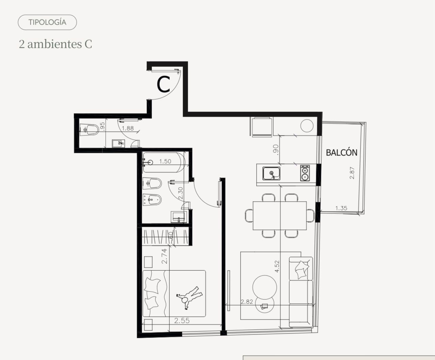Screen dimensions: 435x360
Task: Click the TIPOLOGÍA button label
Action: click(47, 22)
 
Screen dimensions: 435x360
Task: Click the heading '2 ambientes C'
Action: click(56, 44)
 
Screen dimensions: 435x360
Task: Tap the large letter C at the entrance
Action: click(164, 85)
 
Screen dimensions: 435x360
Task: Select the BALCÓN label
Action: click(341, 152)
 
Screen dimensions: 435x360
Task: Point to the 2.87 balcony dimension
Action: click(352, 173)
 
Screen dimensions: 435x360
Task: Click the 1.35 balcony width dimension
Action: click(341, 208)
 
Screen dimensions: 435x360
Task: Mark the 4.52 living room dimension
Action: click(277, 266)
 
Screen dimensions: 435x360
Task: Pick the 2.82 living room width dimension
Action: click(247, 302)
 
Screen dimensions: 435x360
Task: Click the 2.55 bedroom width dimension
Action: click(182, 320)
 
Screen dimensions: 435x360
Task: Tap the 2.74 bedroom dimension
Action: click(165, 256)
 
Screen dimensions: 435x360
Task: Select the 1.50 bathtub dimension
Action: click(165, 161)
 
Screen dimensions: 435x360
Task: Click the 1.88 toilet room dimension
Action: click(128, 128)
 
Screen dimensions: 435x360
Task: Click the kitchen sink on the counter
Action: click(271, 174)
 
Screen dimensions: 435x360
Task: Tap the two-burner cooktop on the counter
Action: click(305, 173)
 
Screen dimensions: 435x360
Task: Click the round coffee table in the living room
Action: click(265, 287)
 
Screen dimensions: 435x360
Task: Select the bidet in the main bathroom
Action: click(152, 200)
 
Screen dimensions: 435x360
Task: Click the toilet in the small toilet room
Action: click(89, 130)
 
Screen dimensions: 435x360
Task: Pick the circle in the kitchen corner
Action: click(307, 126)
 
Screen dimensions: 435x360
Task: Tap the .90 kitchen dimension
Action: click(276, 149)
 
